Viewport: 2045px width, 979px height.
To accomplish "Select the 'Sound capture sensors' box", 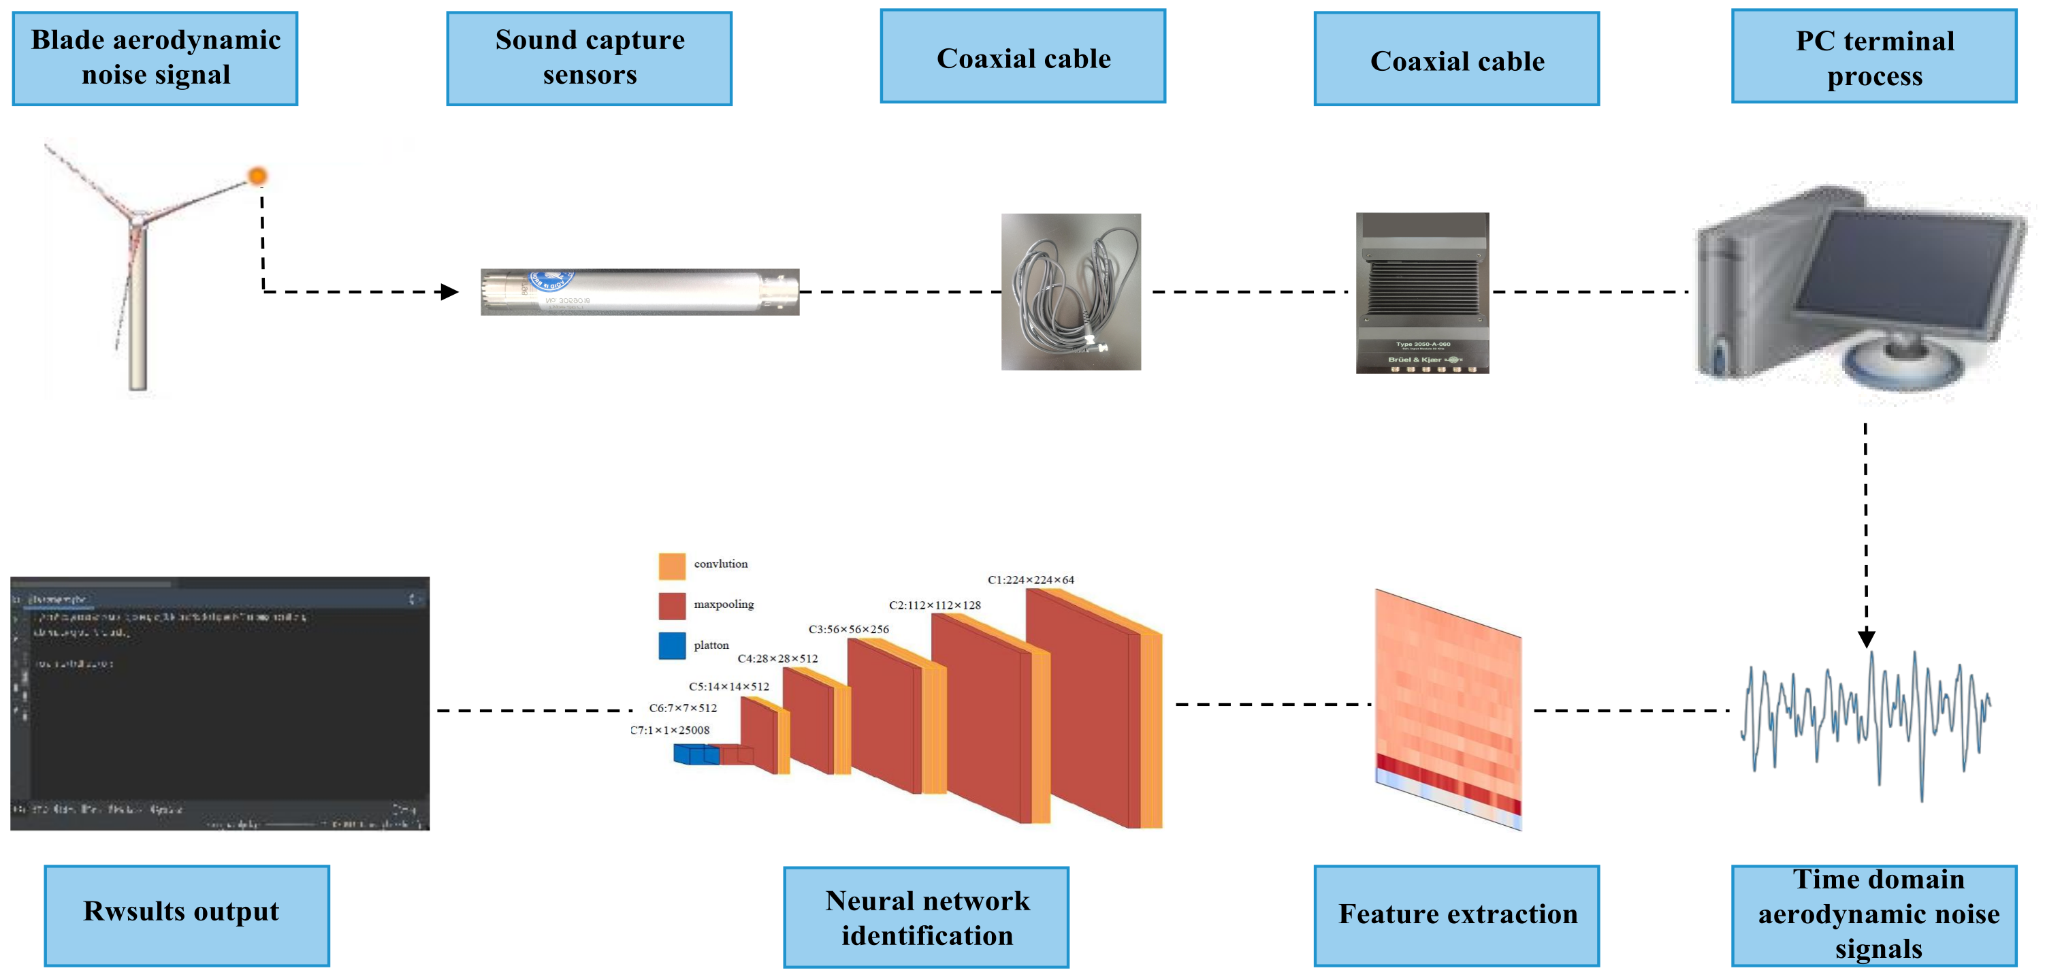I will [x=589, y=57].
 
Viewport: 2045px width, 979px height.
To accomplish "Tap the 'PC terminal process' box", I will [x=1873, y=57].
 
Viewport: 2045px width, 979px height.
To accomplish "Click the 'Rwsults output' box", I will [x=187, y=915].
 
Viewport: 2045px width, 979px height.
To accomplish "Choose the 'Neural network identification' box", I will [x=926, y=916].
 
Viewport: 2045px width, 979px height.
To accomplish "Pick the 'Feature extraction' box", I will [x=1456, y=915].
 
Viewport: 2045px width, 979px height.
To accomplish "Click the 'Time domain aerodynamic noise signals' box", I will [x=1873, y=915].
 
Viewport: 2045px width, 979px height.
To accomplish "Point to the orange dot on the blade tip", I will [x=257, y=176].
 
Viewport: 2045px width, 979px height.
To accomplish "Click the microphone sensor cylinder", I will [x=639, y=291].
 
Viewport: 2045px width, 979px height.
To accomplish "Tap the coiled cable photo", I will [x=1070, y=291].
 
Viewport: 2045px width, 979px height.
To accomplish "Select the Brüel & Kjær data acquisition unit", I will [x=1422, y=291].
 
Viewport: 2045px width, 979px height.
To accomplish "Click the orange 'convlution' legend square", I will [x=672, y=565].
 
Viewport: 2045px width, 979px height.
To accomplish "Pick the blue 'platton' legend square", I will [x=672, y=645].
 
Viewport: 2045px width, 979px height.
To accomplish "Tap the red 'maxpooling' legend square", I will [x=672, y=605].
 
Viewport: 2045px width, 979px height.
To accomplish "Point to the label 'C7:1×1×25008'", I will [x=670, y=730].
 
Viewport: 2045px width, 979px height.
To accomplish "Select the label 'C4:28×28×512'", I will [x=777, y=658].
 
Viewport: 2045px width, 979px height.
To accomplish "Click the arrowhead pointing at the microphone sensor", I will [x=450, y=291].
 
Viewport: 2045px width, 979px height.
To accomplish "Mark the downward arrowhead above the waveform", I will [x=1867, y=638].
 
